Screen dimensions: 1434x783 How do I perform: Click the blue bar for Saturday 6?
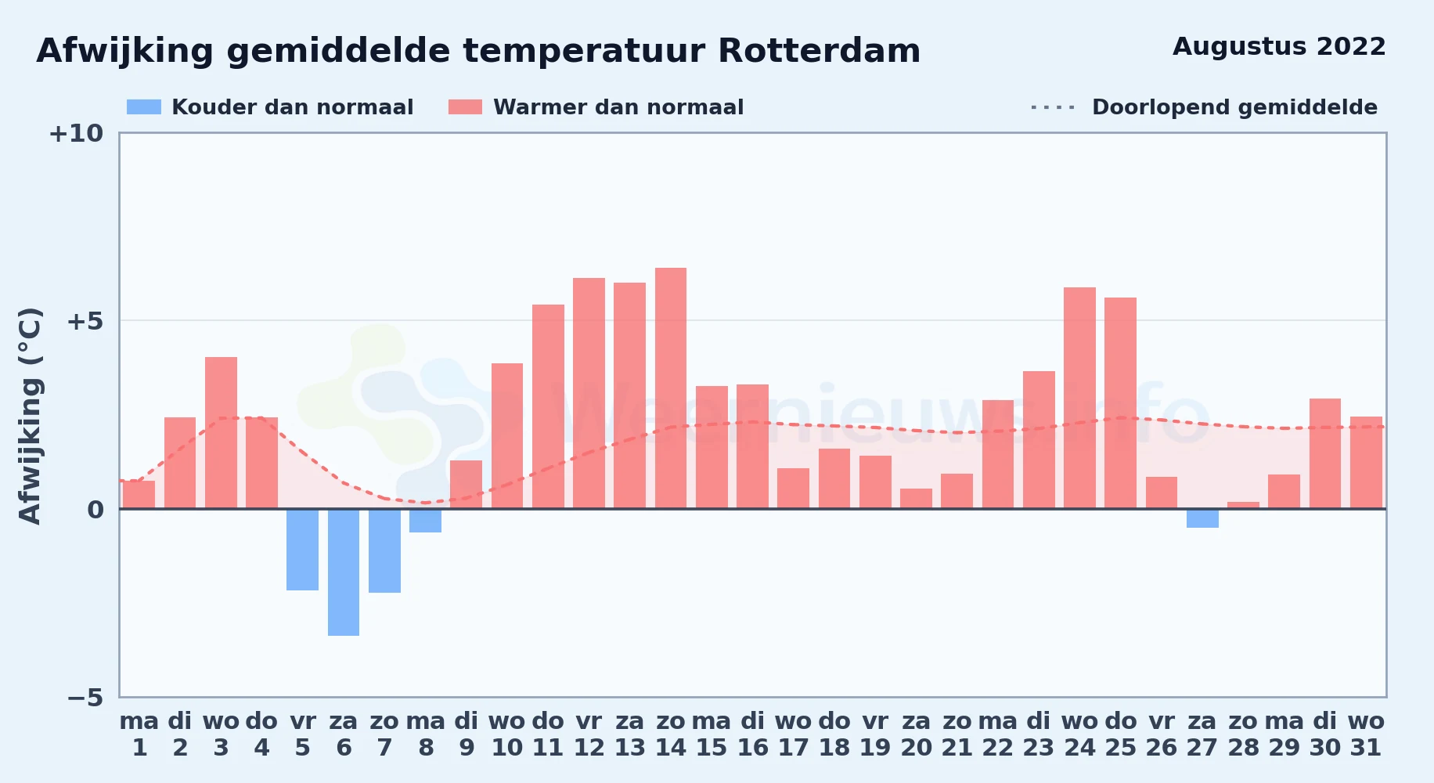pyautogui.click(x=344, y=572)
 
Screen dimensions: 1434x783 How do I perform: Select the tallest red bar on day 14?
pyautogui.click(x=671, y=388)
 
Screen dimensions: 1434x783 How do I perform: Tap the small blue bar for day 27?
pyautogui.click(x=1202, y=518)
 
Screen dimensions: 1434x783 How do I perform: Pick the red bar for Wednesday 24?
pyautogui.click(x=1079, y=398)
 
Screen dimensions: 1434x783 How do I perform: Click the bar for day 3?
pyautogui.click(x=221, y=433)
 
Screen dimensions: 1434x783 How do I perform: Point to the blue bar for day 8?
pyautogui.click(x=425, y=521)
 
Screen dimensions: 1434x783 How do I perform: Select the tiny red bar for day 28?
pyautogui.click(x=1243, y=505)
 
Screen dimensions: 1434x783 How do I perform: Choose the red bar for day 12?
pyautogui.click(x=589, y=393)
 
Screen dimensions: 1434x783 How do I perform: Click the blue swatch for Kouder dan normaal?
pyautogui.click(x=144, y=107)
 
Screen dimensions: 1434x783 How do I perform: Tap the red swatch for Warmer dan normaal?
pyautogui.click(x=465, y=107)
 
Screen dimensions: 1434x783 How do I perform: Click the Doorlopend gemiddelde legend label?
pyautogui.click(x=1234, y=107)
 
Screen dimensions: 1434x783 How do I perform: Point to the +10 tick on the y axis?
pyautogui.click(x=76, y=133)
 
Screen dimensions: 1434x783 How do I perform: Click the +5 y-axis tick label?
pyautogui.click(x=85, y=321)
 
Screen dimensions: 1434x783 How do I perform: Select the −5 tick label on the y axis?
pyautogui.click(x=85, y=697)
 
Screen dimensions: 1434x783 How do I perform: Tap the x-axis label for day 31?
pyautogui.click(x=1366, y=734)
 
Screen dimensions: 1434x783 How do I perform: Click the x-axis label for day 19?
pyautogui.click(x=875, y=734)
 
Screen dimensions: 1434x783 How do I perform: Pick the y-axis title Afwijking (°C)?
pyautogui.click(x=30, y=416)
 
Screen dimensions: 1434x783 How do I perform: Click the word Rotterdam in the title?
pyautogui.click(x=819, y=51)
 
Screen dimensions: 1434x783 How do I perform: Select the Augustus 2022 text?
pyautogui.click(x=1279, y=47)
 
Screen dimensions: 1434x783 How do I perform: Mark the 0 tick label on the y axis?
pyautogui.click(x=95, y=510)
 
